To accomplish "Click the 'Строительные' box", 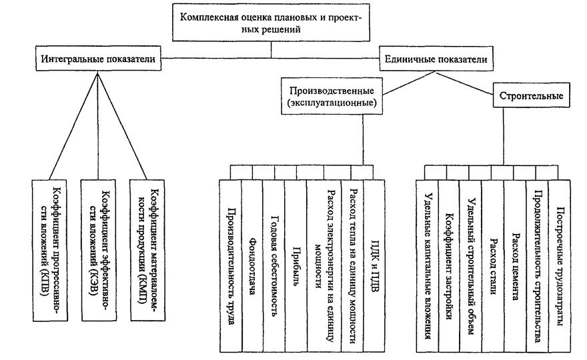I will (x=531, y=96).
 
